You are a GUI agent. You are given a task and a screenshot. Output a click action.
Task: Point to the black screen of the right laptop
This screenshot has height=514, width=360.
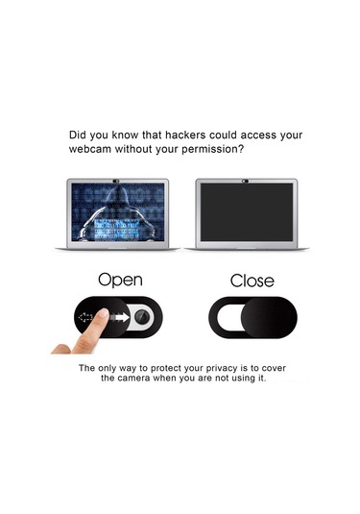tap(244, 212)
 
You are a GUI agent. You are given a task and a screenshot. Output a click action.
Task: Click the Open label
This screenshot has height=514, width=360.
tap(120, 280)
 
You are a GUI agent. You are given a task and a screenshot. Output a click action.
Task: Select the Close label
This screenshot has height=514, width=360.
tap(252, 281)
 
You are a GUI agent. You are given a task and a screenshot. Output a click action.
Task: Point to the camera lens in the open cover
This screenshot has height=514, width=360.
tap(140, 319)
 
